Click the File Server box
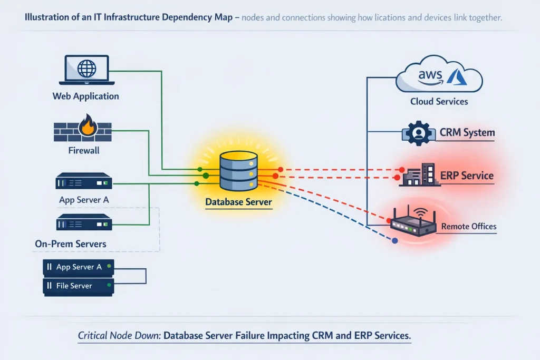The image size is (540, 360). (78, 286)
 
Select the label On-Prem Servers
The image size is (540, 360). (71, 244)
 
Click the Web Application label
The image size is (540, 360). (85, 96)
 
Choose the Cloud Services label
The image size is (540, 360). (439, 101)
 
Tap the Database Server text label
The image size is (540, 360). (238, 202)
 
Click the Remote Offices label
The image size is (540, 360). (468, 227)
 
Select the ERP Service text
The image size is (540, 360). (467, 176)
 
